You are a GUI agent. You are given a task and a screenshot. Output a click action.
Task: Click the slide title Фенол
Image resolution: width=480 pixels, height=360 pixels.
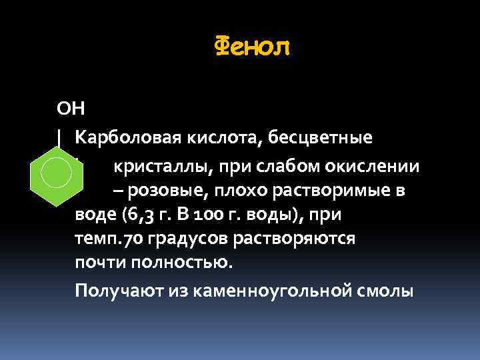[x=253, y=48]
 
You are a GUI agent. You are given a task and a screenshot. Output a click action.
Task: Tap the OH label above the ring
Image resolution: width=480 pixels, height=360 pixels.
[x=69, y=107]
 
